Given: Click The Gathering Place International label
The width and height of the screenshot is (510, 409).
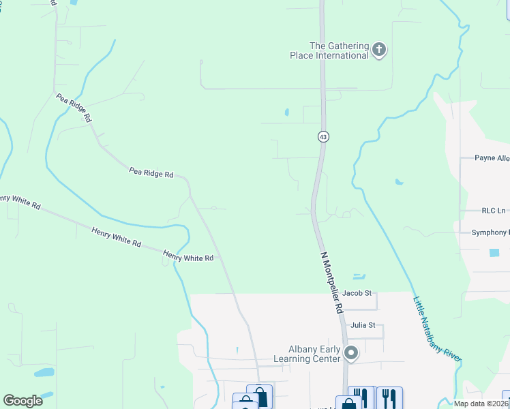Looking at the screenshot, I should pos(339,50).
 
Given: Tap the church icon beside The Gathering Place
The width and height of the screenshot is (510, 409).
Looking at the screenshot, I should pos(380,50).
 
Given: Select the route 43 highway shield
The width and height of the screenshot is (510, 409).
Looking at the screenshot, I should pos(323,137).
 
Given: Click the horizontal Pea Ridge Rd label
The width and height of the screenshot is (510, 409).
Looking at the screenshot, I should pos(151,173).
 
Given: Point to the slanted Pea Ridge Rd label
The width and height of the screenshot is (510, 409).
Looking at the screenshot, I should pos(74,108).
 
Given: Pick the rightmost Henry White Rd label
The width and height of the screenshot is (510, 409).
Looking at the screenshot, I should pos(188,258).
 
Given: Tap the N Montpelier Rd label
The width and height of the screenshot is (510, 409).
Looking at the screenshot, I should pos(332,282).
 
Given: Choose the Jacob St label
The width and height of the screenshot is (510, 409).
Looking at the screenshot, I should pos(357,293).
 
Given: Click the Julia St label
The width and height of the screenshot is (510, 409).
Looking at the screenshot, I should pos(363,325).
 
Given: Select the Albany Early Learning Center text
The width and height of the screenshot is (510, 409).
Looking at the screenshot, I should pos(306,354).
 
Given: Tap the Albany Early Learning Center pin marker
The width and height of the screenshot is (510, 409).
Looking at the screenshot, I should pos(351,353).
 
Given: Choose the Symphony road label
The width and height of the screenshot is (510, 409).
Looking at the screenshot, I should pos(490,232).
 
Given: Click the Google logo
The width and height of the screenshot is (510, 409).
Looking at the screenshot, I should pos(22,401).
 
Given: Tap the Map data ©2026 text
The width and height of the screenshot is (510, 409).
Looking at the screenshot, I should pos(481,404).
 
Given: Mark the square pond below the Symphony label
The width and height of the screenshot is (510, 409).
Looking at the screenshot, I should pos(494,253).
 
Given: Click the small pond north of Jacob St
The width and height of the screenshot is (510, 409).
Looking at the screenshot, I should pos(359,276).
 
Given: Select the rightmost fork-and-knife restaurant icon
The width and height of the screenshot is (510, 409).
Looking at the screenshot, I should pos(389,397).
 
